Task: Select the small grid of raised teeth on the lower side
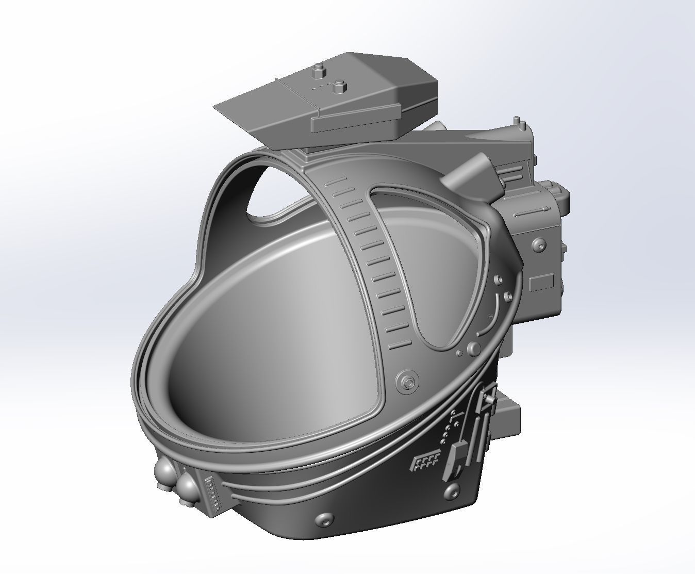pyautogui.click(x=425, y=462)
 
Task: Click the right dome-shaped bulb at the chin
pyautogui.click(x=186, y=488)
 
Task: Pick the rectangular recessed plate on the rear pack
pyautogui.click(x=541, y=282)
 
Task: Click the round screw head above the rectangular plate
pyautogui.click(x=538, y=244)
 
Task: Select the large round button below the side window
pyautogui.click(x=473, y=349)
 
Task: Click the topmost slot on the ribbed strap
pyautogui.click(x=336, y=181)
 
